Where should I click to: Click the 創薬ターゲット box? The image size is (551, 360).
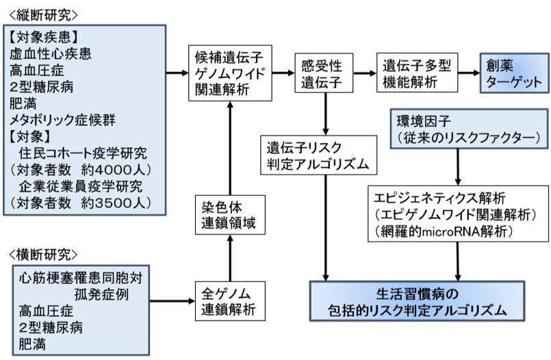515,73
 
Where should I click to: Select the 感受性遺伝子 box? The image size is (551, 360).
324,73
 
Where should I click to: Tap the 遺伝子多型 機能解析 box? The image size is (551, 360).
417,73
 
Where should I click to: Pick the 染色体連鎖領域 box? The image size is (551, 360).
230,215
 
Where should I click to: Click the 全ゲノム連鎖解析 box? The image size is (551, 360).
230,301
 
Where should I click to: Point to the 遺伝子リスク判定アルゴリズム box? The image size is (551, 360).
318,155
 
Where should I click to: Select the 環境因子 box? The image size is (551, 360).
469,129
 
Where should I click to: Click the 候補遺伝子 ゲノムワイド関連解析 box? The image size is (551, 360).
230,73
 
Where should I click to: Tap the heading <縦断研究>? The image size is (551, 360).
43,15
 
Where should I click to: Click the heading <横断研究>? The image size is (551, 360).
43,255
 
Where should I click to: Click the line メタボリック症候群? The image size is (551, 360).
62,120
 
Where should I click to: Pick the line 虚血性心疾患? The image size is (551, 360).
50,54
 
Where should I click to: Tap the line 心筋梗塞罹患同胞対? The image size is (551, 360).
81,278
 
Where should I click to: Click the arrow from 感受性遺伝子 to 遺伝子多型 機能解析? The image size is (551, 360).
365,73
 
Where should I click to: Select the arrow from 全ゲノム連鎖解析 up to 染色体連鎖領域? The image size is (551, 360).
230,258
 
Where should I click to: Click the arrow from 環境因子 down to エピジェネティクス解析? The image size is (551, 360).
458,167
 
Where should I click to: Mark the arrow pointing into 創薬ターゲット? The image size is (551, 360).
469,73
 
